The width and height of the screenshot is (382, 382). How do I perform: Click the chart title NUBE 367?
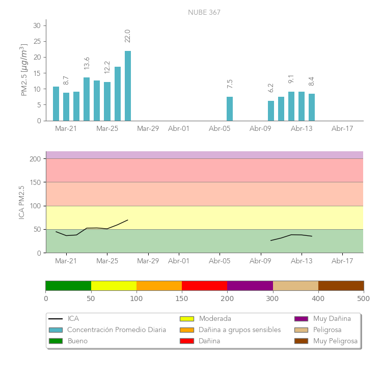(204, 13)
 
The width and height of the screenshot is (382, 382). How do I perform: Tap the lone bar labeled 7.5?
(230, 108)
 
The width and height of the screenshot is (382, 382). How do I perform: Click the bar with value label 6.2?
(271, 111)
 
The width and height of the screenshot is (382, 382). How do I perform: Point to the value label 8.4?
(312, 81)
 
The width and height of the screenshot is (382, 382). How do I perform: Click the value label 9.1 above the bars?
(291, 79)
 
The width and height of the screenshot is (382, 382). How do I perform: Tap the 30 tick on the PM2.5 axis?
(37, 25)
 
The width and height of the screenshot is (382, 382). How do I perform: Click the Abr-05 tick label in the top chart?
(220, 129)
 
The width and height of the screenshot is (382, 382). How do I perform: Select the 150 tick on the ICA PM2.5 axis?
(36, 182)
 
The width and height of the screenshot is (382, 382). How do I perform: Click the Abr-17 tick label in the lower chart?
(342, 261)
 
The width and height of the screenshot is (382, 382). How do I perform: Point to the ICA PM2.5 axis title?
(22, 202)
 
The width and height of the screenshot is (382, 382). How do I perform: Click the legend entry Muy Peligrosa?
(335, 341)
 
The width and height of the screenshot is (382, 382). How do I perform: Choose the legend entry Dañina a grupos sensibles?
(239, 330)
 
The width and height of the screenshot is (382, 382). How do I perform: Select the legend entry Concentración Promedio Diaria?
(117, 330)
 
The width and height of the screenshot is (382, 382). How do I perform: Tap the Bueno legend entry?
(77, 341)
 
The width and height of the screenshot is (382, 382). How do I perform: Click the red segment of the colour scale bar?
(204, 285)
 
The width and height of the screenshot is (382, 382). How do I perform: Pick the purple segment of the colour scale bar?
(250, 285)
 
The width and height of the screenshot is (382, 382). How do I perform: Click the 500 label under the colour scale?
(364, 298)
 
